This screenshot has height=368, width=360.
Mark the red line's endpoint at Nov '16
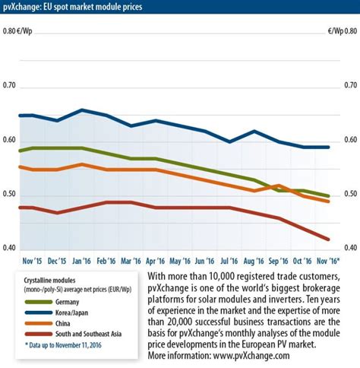(328, 239)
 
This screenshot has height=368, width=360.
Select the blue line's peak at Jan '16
(82, 109)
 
